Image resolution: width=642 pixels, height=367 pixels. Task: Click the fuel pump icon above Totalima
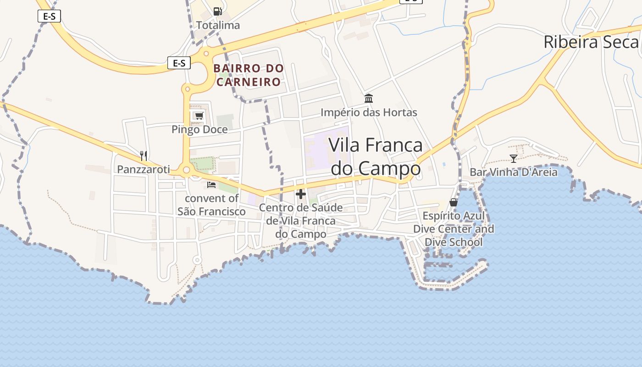218,11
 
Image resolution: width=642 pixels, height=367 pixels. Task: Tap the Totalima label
218,25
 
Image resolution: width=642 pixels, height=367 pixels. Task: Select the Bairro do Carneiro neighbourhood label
249,75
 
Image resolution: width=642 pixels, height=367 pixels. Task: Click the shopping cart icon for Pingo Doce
199,115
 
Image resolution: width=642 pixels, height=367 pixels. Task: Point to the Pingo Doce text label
199,129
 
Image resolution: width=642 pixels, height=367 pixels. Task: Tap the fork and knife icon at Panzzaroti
144,156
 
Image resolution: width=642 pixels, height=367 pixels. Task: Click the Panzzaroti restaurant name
144,169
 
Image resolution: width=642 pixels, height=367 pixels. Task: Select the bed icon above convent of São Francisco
211,185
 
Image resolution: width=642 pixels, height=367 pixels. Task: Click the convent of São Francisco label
211,205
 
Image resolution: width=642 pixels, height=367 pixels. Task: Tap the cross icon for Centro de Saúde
301,194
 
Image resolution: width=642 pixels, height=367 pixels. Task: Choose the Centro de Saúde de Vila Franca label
301,221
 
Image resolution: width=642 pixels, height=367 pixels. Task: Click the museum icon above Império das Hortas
369,98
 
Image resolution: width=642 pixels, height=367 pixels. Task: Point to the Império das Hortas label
369,112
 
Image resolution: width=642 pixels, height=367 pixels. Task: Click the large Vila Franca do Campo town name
376,156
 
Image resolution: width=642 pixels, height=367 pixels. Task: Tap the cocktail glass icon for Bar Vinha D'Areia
514,158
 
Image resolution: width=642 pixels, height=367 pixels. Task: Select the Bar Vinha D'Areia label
514,172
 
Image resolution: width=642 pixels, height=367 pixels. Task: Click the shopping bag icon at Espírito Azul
454,202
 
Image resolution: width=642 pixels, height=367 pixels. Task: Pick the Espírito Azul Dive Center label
454,228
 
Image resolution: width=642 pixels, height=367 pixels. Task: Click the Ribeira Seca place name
591,42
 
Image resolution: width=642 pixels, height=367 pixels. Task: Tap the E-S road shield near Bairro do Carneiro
179,63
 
